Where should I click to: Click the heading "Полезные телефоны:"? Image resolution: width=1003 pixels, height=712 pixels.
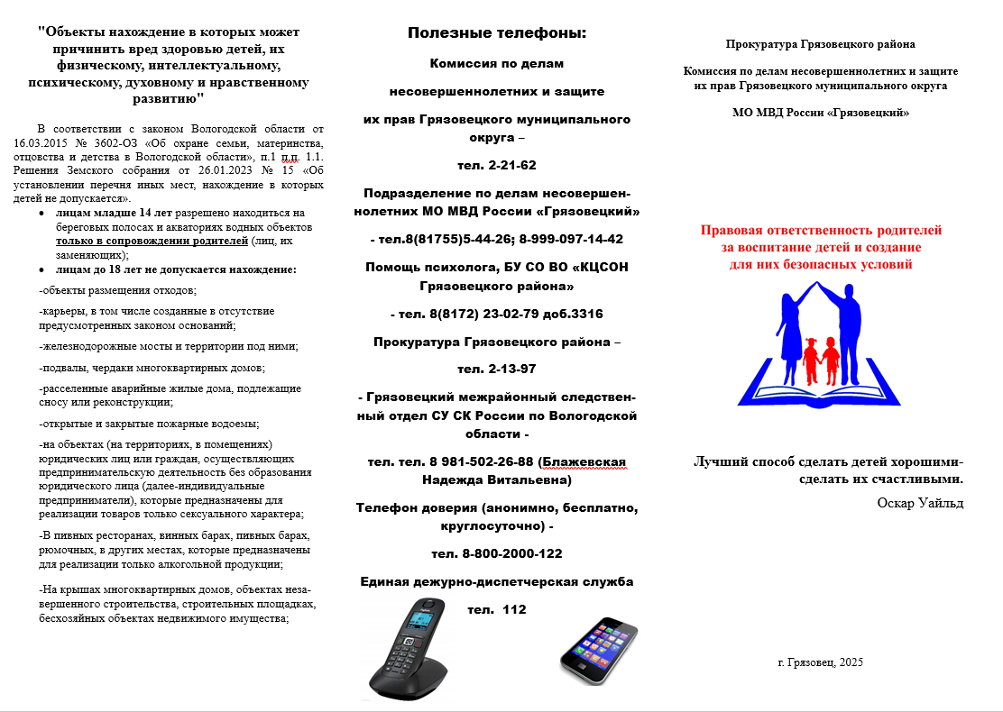pos(496,33)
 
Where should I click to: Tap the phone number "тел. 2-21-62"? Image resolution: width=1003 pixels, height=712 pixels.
pos(496,165)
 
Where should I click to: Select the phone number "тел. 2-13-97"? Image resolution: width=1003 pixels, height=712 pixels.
pos(496,370)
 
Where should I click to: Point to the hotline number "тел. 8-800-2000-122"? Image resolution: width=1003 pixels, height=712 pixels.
pos(496,553)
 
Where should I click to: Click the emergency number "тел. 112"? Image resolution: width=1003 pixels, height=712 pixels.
pos(496,610)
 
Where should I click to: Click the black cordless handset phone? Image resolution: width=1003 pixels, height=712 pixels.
pos(408,651)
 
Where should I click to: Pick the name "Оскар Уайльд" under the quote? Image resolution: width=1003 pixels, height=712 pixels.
pos(919,503)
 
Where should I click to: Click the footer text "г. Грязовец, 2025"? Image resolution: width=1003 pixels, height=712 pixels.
pos(820,662)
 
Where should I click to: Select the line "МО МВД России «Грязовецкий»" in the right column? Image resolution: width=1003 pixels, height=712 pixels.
pos(821,113)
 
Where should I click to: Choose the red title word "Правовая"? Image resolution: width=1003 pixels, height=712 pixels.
pos(735,231)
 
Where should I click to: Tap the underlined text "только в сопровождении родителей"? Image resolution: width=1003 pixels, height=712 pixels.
pos(151,242)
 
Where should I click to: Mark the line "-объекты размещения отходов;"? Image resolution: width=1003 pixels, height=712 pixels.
pos(117,290)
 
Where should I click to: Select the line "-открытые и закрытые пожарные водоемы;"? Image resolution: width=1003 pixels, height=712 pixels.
pos(149,424)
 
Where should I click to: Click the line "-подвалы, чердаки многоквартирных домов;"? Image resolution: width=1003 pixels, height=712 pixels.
pos(152,368)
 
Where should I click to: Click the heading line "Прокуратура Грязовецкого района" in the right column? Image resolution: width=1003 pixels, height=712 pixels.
pos(820,44)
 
